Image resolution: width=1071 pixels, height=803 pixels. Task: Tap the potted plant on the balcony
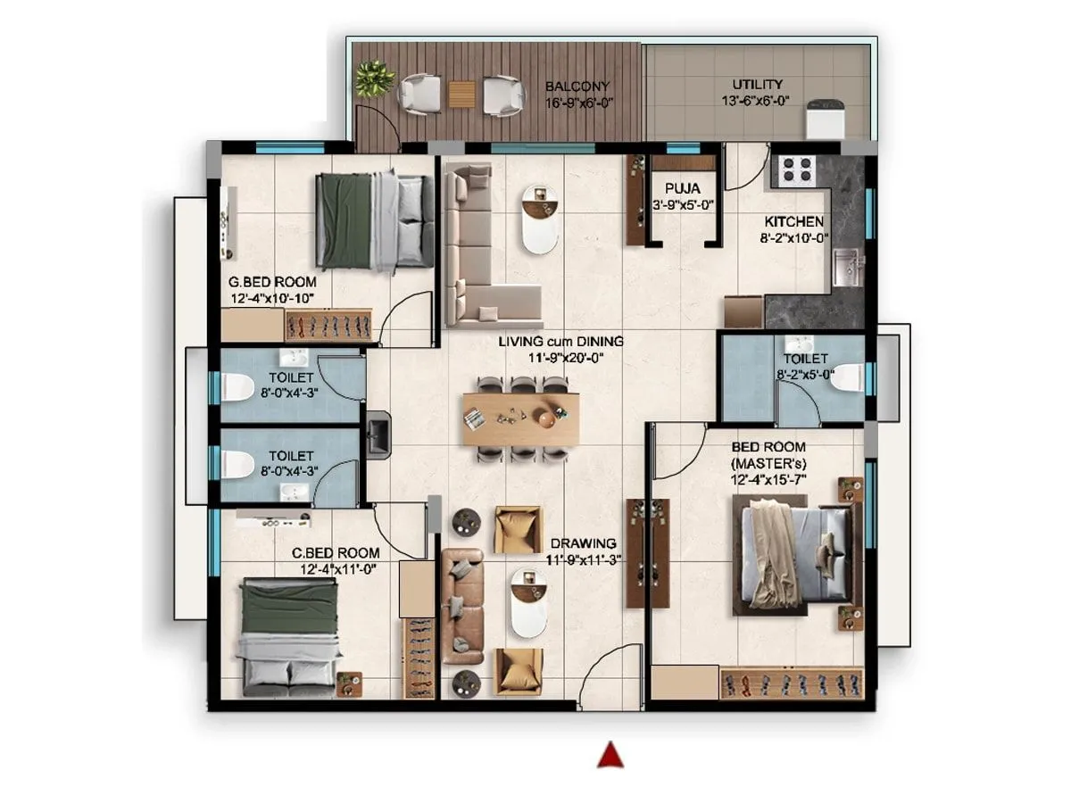[x=374, y=79]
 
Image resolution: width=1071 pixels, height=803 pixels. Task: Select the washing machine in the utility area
[x=823, y=120]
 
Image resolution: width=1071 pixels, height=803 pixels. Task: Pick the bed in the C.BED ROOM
[x=292, y=636]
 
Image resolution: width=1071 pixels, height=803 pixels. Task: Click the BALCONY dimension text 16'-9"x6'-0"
[x=577, y=102]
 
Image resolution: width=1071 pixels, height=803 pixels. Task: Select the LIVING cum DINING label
[x=560, y=341]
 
